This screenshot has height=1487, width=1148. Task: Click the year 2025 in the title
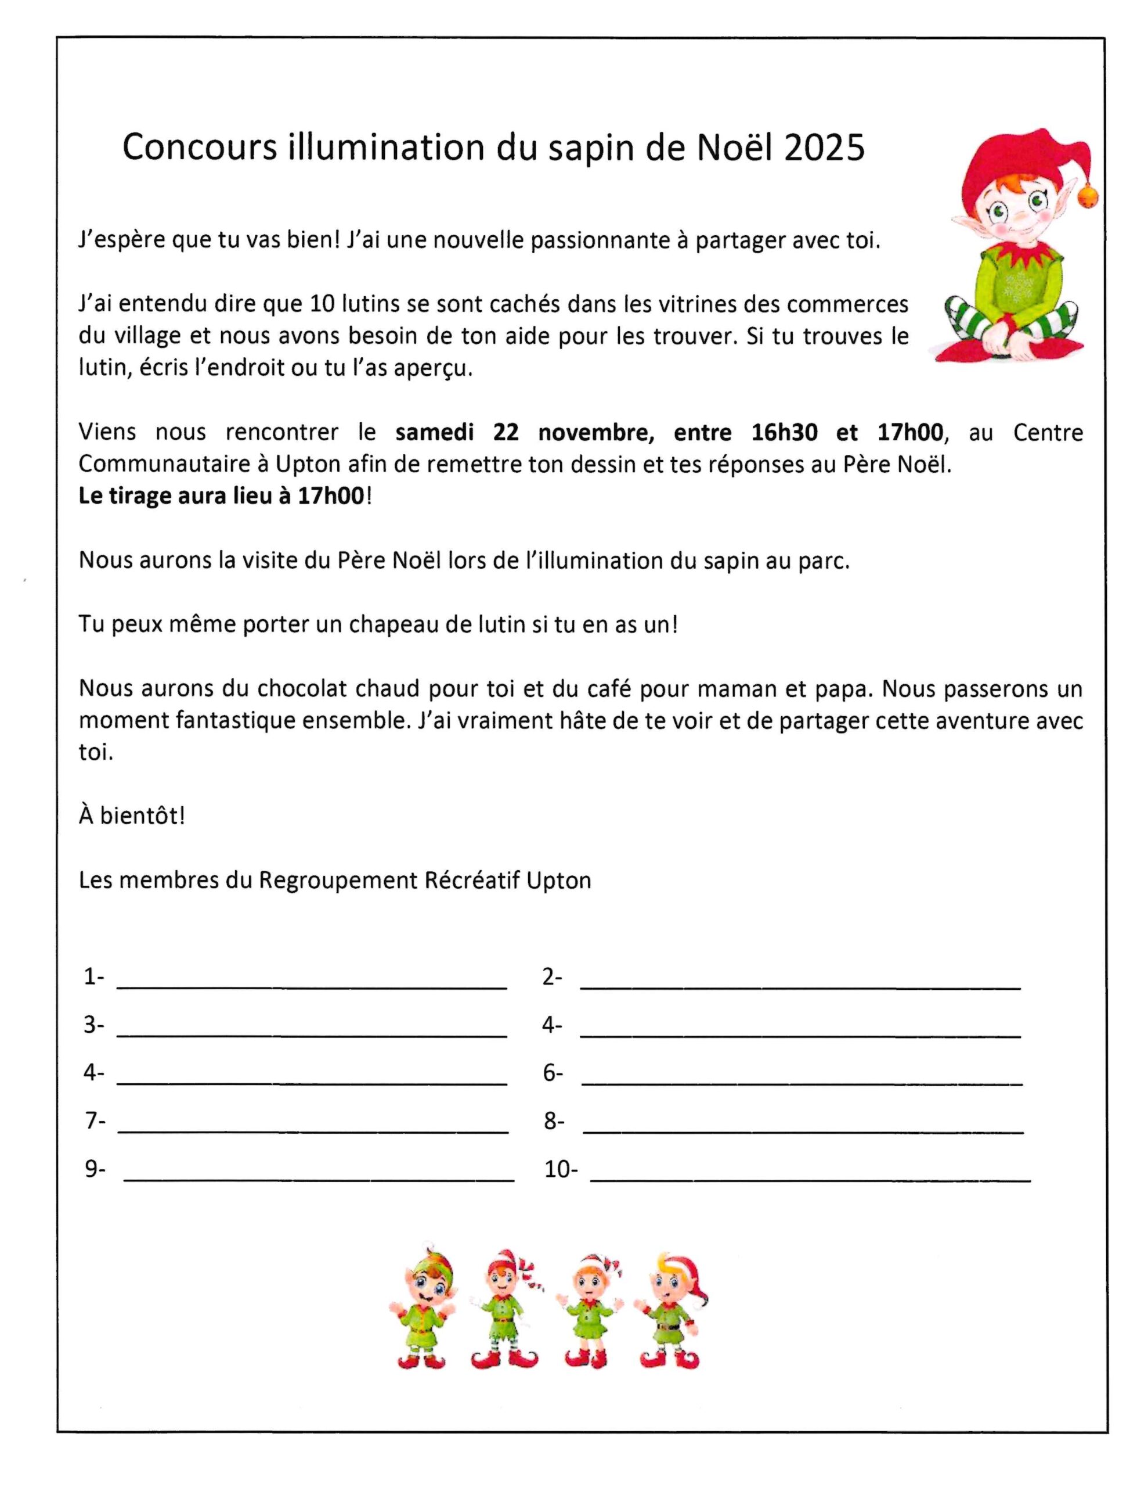824,148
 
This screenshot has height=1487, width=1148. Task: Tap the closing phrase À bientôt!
132,816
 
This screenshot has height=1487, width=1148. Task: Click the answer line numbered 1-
312,985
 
